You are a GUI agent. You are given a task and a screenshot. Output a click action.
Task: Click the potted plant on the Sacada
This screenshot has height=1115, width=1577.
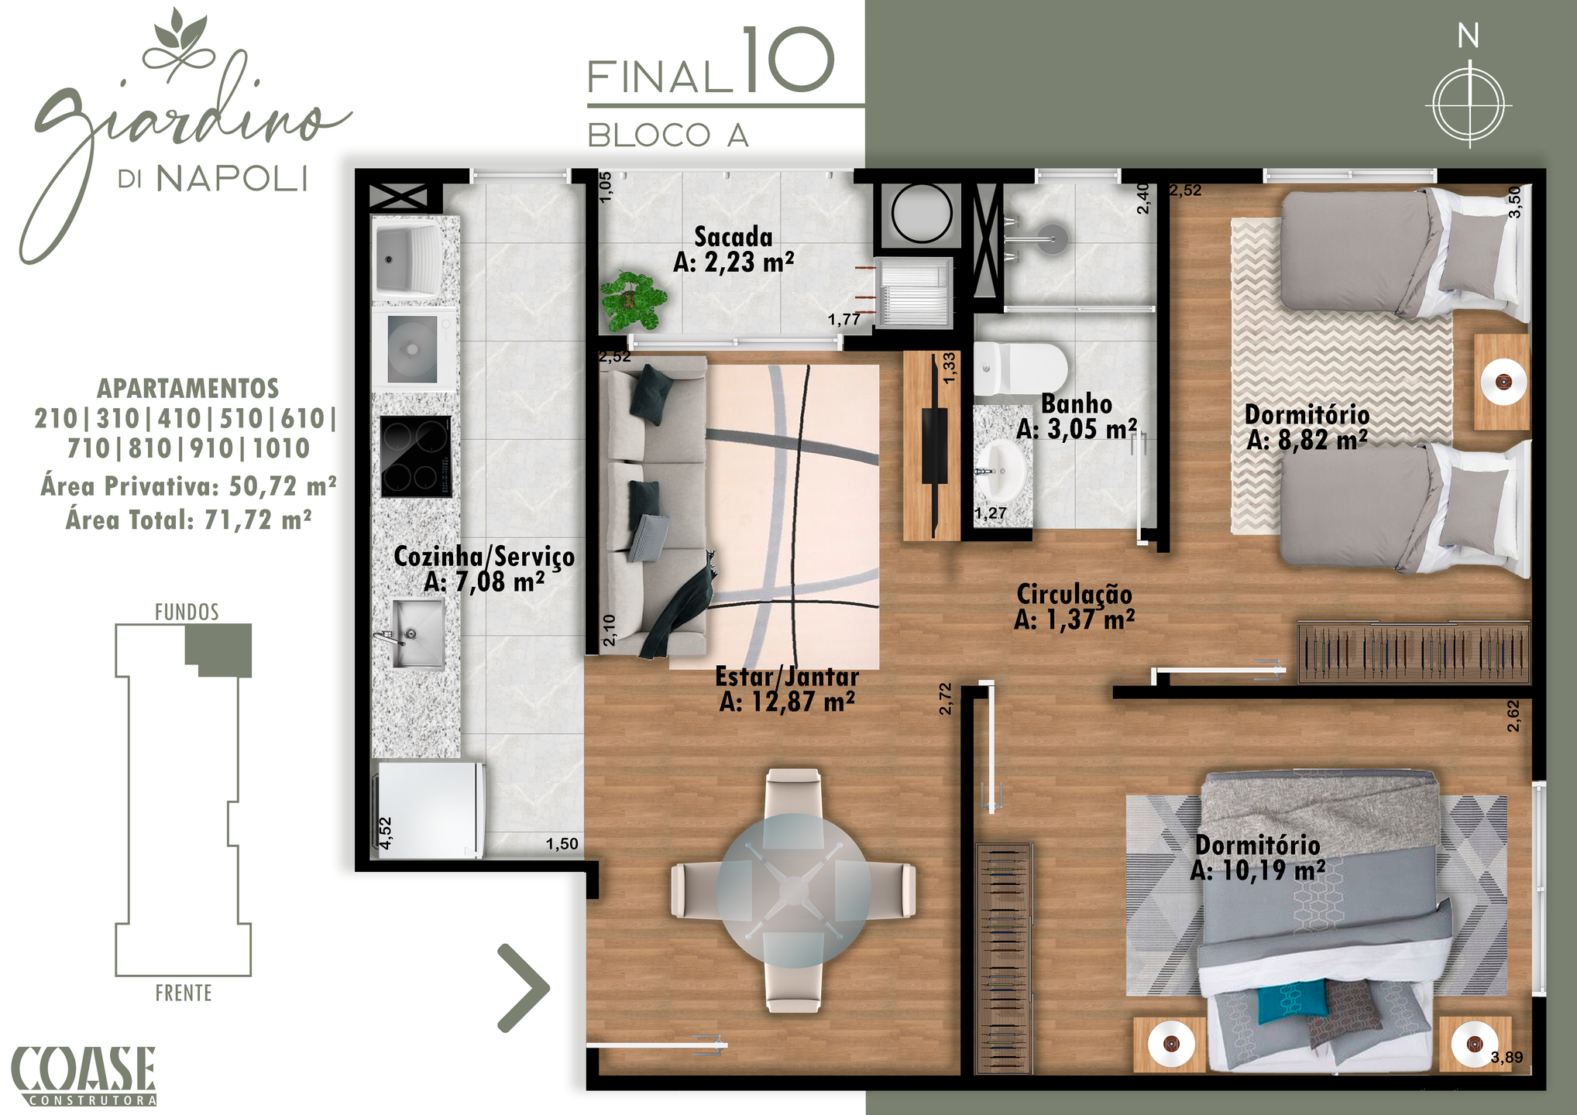(x=634, y=300)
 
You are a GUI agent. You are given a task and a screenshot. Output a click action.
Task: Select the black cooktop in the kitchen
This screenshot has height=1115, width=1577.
(x=416, y=456)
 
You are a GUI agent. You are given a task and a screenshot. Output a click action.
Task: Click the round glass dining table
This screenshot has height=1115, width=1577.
(x=794, y=890)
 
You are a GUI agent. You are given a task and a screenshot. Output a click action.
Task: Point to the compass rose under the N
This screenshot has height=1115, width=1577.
(x=1469, y=105)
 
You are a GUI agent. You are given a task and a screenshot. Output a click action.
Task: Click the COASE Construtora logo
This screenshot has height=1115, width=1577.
(x=84, y=1076)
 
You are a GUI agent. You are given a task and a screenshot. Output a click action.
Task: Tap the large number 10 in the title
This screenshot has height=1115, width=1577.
(x=788, y=60)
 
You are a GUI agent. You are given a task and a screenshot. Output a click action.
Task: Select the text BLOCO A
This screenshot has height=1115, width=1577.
(x=668, y=136)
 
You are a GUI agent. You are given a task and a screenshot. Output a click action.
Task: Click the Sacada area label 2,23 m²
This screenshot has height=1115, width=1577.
(x=734, y=263)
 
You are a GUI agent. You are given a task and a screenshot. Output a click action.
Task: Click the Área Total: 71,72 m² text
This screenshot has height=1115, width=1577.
(x=189, y=520)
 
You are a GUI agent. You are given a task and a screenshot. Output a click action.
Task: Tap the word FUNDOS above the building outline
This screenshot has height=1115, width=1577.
(x=187, y=612)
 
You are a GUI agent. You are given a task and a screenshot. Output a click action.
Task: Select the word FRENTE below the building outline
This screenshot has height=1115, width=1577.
(x=184, y=993)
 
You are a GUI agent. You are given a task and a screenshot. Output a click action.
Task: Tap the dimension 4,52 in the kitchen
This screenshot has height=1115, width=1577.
(x=385, y=833)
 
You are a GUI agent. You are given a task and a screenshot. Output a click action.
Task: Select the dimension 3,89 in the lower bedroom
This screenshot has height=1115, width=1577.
(x=1507, y=1057)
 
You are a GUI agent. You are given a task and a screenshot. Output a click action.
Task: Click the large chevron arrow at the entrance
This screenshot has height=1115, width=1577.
(x=524, y=988)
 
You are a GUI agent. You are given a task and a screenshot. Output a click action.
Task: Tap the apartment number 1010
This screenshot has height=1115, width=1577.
(x=281, y=448)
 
